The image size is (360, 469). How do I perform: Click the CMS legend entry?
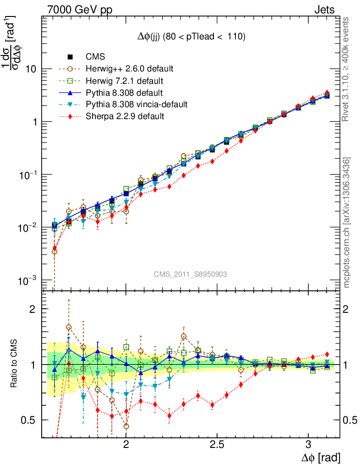[x=95, y=57]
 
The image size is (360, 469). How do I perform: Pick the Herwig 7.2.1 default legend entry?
[x=124, y=81]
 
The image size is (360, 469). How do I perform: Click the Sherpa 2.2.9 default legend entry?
[x=125, y=116]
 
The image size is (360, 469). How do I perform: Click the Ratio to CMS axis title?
[x=14, y=364]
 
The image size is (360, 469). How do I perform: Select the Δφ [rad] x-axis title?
[x=321, y=458]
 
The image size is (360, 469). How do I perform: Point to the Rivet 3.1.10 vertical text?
[x=347, y=69]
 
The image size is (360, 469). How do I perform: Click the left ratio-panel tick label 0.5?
[x=29, y=420]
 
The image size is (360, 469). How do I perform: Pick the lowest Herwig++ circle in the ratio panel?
[x=126, y=426]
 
